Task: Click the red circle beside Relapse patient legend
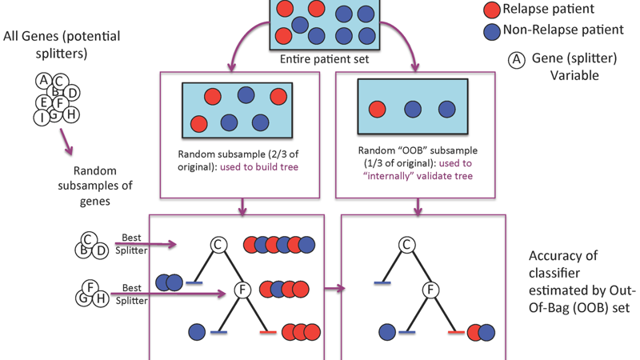[492, 10]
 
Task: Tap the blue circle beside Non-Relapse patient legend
[492, 31]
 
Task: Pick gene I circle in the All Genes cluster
[42, 118]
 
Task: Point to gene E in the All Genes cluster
[45, 102]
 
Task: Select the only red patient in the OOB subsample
[377, 110]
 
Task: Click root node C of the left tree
[218, 245]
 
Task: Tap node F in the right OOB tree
[432, 290]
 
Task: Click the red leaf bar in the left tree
[268, 331]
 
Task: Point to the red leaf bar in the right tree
[457, 331]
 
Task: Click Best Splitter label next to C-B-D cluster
[131, 244]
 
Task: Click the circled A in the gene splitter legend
[518, 59]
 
